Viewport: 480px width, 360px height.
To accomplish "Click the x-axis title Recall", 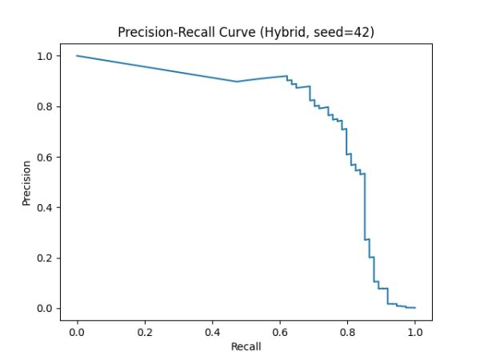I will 246,346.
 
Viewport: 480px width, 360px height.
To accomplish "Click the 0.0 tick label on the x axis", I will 77,329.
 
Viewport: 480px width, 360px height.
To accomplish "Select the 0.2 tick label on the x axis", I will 145,329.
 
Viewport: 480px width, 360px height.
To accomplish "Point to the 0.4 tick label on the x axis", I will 212,329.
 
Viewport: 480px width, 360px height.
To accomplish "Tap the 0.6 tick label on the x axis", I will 280,329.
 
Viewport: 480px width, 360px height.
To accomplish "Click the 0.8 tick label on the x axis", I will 347,329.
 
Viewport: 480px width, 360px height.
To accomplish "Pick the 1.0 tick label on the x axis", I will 415,329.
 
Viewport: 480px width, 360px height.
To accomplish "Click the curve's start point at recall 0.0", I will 77,56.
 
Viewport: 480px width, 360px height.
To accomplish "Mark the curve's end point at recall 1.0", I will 415,307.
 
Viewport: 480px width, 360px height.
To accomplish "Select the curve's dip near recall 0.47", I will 236,82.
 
